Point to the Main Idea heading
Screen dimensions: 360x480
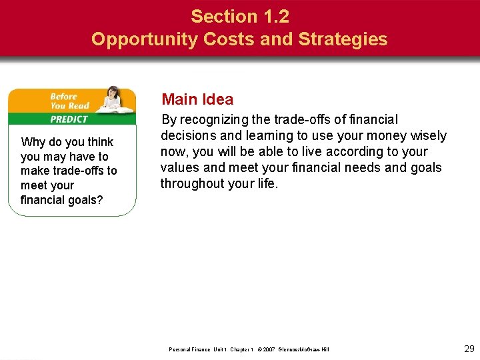(198, 99)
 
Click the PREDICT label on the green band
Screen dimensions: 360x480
(69, 119)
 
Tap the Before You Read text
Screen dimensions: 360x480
(69, 101)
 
